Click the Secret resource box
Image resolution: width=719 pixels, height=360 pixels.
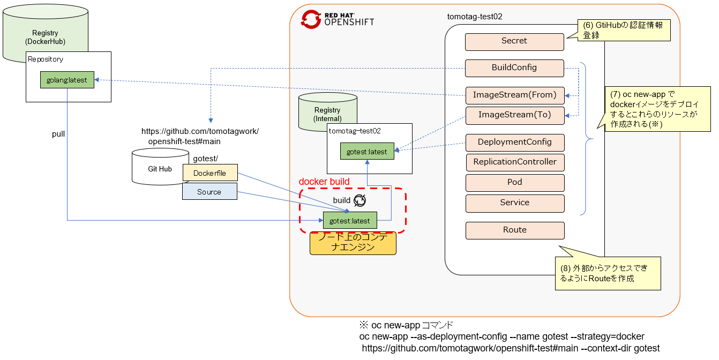tap(514, 42)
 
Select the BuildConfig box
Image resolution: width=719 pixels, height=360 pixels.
tap(514, 68)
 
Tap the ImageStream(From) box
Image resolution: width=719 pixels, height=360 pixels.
tap(514, 95)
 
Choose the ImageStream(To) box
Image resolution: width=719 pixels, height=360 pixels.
tap(514, 115)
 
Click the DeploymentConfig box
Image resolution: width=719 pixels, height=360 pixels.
tap(514, 142)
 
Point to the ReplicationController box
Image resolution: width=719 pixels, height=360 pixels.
tap(514, 162)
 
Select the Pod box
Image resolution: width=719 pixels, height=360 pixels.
tap(514, 183)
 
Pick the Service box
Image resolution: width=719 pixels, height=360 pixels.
tap(514, 203)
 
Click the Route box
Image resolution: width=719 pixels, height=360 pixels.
tap(514, 230)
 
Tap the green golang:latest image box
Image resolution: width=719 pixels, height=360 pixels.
tap(67, 80)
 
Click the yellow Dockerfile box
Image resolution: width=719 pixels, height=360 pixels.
tap(209, 173)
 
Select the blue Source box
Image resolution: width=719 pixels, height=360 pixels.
tap(209, 192)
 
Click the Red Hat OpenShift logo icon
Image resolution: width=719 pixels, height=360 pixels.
tap(311, 18)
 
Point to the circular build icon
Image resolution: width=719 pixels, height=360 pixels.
tap(360, 200)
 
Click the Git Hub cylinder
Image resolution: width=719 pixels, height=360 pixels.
tap(159, 167)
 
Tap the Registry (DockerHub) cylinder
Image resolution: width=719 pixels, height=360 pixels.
tap(45, 33)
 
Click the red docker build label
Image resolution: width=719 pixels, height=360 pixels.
tap(324, 182)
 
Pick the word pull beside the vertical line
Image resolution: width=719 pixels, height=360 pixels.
tap(58, 134)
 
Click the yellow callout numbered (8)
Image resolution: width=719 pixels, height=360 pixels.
tap(608, 273)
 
